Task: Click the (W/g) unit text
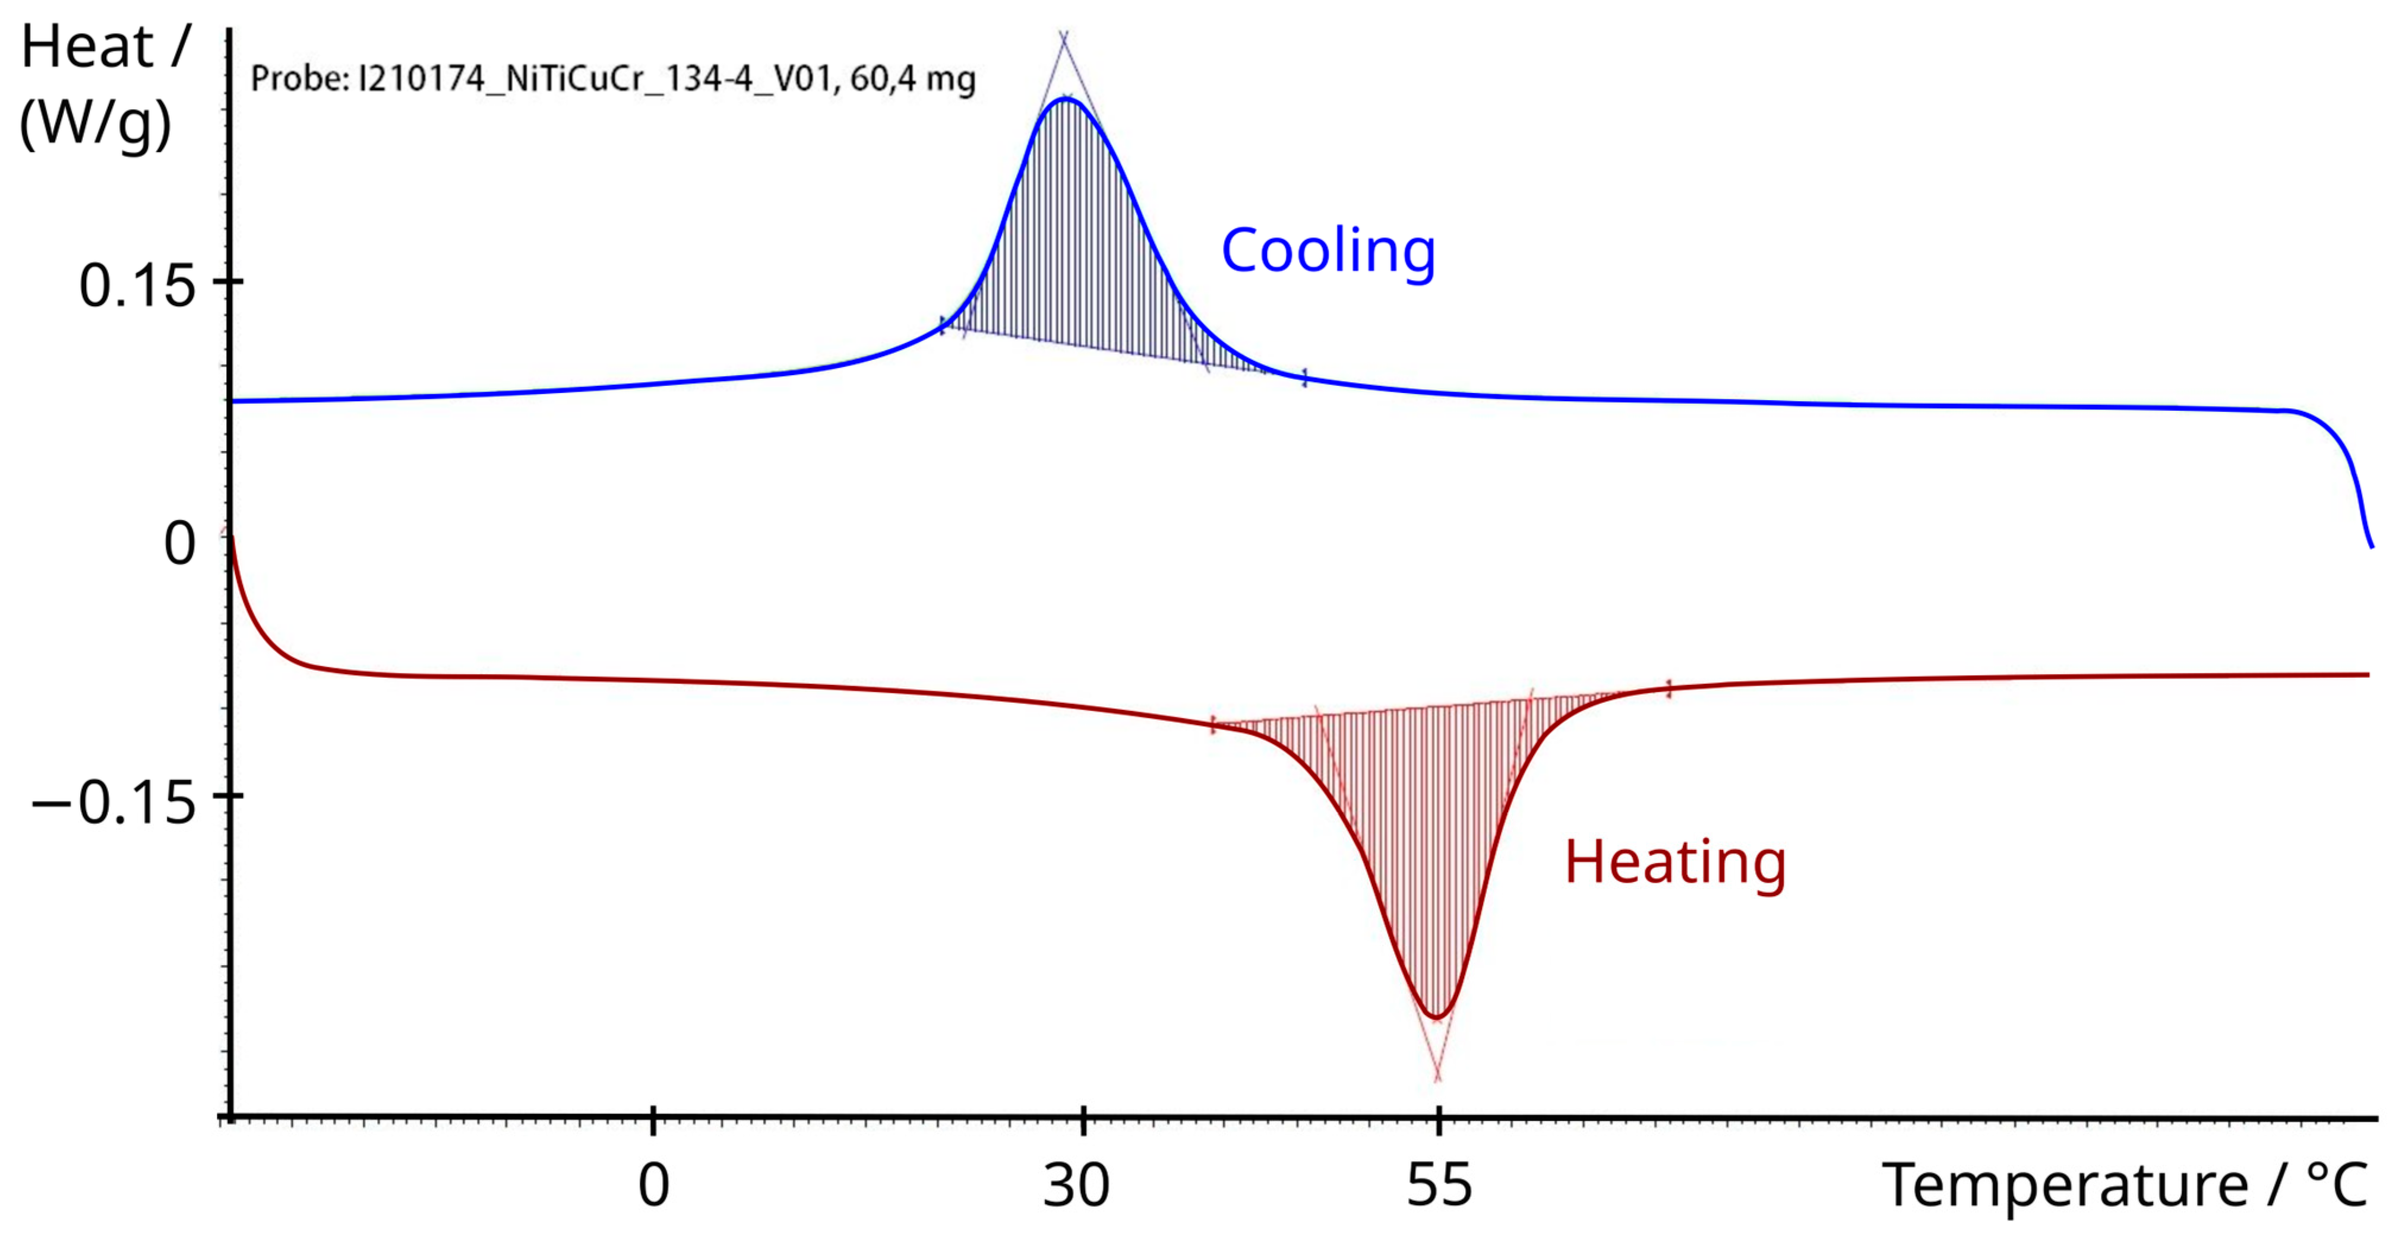(x=95, y=123)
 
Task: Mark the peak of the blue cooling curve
(x=1066, y=98)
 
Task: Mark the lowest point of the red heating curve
(x=1437, y=1017)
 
